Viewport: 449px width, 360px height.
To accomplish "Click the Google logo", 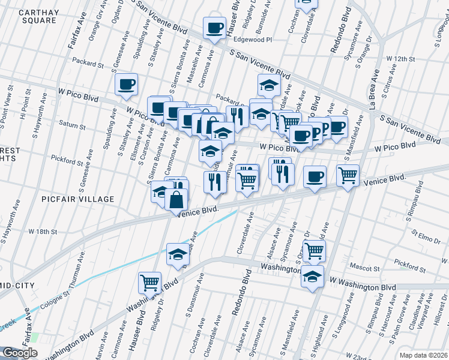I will point(20,353).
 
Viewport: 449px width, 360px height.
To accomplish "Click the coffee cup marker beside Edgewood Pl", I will point(214,27).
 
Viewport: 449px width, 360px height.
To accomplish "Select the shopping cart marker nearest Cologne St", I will point(149,281).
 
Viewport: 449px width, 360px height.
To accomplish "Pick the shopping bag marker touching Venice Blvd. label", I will point(176,199).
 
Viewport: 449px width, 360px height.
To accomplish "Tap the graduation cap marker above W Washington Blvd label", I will point(312,277).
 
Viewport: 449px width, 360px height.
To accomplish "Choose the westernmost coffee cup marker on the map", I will point(126,84).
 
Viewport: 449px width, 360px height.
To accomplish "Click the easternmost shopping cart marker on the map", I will point(348,175).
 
